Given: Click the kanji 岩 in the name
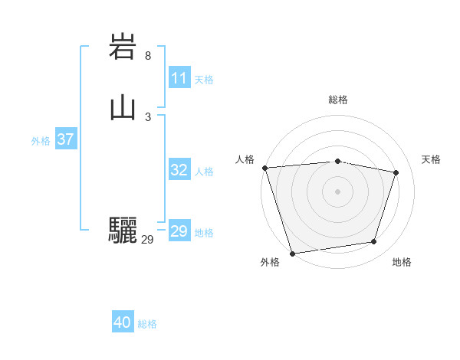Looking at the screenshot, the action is click(x=123, y=47).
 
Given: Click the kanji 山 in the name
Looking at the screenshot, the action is click(x=123, y=108).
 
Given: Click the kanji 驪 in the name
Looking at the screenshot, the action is click(x=123, y=230).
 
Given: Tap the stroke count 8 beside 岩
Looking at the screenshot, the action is click(x=148, y=55).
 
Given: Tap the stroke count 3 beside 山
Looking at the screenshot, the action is click(x=148, y=116).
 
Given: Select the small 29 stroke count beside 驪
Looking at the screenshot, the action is click(x=147, y=240).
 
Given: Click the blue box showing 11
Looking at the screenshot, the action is click(x=179, y=78).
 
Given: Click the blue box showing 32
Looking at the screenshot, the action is click(x=179, y=170).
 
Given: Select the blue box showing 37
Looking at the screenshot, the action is click(x=65, y=139).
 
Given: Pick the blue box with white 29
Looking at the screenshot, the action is click(x=179, y=231).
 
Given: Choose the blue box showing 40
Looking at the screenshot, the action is click(x=123, y=322).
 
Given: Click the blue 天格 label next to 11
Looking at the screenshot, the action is click(x=204, y=80).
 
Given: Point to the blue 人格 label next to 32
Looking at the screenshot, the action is click(x=204, y=172).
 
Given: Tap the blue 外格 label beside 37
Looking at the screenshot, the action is click(x=41, y=141).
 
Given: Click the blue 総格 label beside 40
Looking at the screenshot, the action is click(x=147, y=324).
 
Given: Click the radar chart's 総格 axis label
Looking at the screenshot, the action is click(x=338, y=100).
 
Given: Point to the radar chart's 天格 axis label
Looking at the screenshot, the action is click(x=431, y=159).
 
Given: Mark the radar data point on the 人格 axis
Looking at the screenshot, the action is click(x=264, y=168).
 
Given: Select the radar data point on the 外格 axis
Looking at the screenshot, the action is click(x=292, y=253).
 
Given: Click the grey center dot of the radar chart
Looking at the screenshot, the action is click(x=338, y=191).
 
